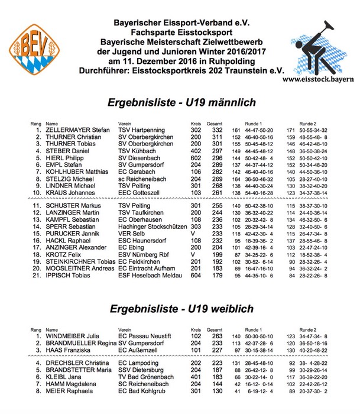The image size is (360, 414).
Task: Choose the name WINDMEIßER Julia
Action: pos(75,335)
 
